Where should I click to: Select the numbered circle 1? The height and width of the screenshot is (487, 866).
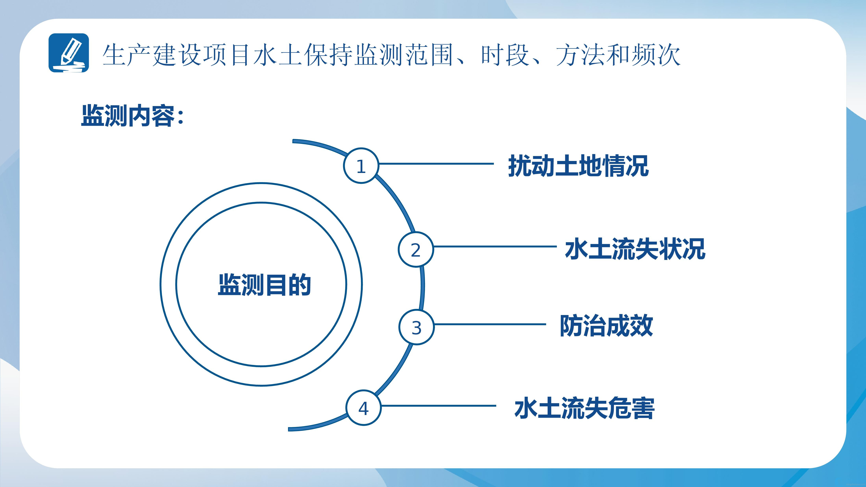(361, 165)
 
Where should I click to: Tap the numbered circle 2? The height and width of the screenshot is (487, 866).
(416, 249)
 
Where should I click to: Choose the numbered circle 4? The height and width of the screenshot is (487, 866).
(363, 408)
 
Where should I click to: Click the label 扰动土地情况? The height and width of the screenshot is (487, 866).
(578, 166)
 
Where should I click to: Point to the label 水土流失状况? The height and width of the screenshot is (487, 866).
(635, 249)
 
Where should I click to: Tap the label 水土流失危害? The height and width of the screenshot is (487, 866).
(584, 408)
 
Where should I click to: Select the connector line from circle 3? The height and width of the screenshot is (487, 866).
(490, 324)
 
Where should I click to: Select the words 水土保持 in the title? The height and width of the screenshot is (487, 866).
(303, 55)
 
